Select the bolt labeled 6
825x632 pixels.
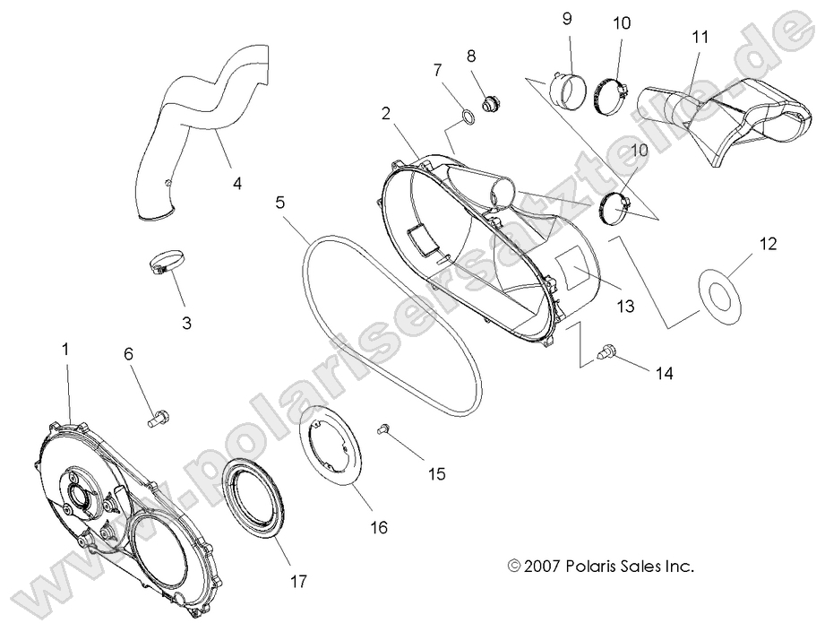click(x=159, y=416)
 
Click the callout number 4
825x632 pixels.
click(x=237, y=184)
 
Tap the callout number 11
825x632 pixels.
click(x=700, y=38)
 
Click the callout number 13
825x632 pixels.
click(x=623, y=307)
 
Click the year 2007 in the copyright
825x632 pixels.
click(x=546, y=566)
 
